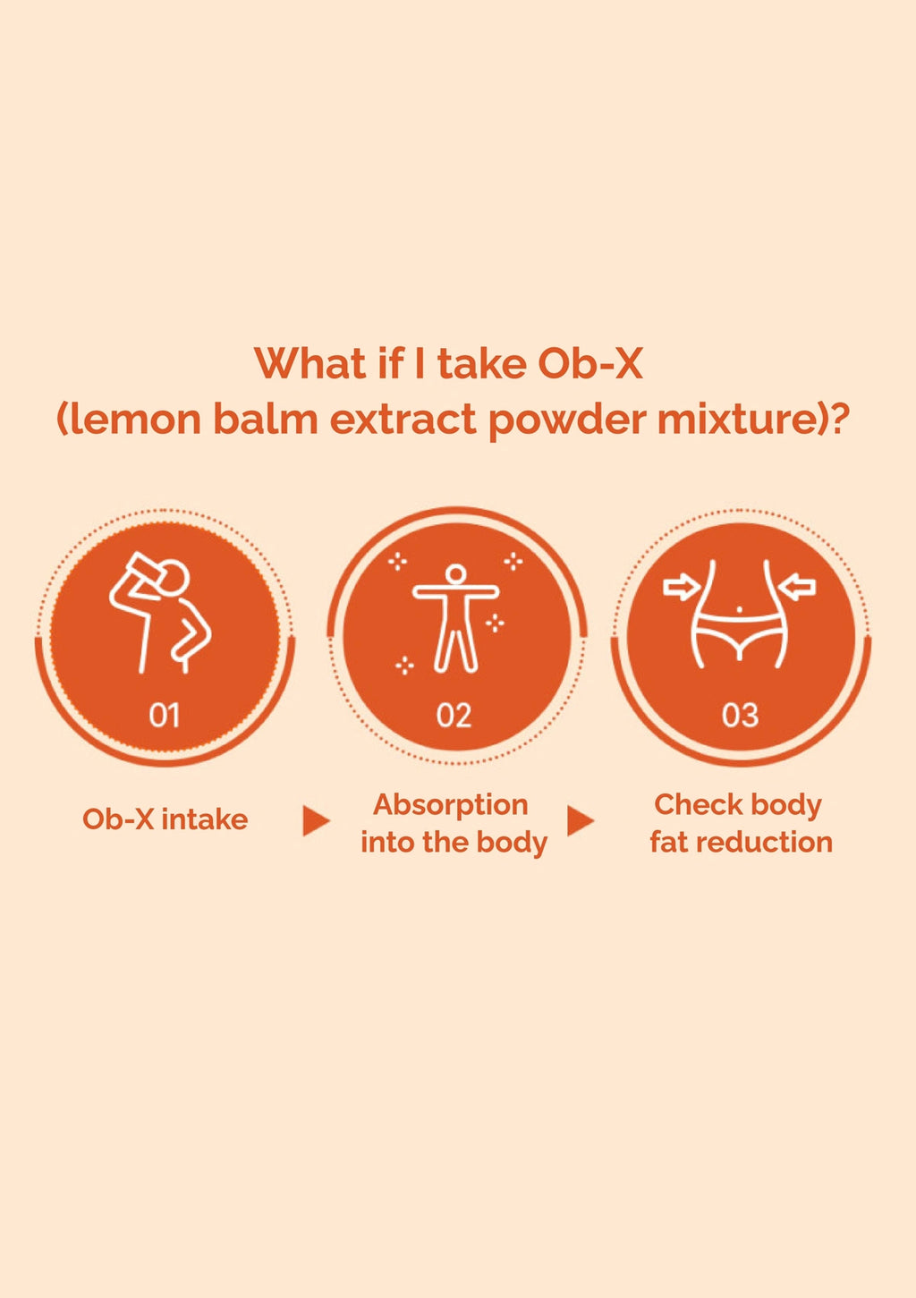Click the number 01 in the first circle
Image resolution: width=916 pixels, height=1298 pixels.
pyautogui.click(x=165, y=715)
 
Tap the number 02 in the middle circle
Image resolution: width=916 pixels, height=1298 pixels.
pyautogui.click(x=454, y=715)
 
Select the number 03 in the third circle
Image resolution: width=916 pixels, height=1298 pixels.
pyautogui.click(x=740, y=715)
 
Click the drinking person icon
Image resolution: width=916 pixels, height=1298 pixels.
pyautogui.click(x=160, y=613)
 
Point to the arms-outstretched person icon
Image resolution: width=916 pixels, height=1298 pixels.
pyautogui.click(x=455, y=618)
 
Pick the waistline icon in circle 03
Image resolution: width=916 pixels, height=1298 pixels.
pyautogui.click(x=739, y=615)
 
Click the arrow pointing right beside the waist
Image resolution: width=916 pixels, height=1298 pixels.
pyautogui.click(x=682, y=588)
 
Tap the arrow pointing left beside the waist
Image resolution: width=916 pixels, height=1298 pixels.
pyautogui.click(x=797, y=587)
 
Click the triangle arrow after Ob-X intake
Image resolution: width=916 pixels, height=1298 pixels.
pyautogui.click(x=316, y=820)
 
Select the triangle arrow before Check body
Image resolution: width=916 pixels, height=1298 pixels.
pyautogui.click(x=581, y=820)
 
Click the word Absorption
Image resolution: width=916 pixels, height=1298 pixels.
pyautogui.click(x=451, y=806)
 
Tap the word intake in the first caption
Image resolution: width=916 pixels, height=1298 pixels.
pyautogui.click(x=205, y=819)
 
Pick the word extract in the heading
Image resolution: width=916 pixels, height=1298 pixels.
pyautogui.click(x=403, y=420)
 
